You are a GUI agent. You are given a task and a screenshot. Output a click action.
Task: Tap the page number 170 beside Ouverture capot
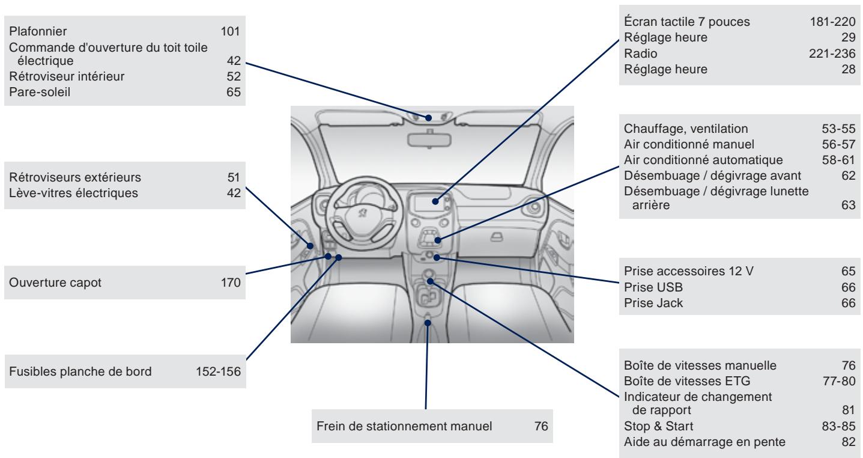coord(231,284)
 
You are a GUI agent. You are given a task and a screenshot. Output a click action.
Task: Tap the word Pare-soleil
coord(36,92)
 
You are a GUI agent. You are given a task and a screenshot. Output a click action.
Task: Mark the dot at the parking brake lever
coord(428,323)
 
